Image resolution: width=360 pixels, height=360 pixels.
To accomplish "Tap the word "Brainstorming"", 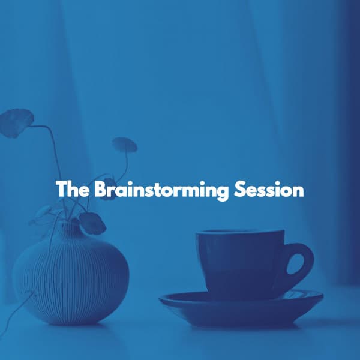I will coord(160,190).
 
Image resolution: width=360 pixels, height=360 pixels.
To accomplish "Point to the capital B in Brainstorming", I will coord(101,190).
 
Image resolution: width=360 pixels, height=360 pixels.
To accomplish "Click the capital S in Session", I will coord(239,190).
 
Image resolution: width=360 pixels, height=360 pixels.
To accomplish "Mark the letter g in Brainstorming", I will coord(221,193).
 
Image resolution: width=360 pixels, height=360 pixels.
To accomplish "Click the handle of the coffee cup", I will coord(303,264).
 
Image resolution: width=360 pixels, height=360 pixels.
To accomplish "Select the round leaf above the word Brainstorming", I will coord(124,145).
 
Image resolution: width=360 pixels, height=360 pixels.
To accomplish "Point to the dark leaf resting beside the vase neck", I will coord(93,223).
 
